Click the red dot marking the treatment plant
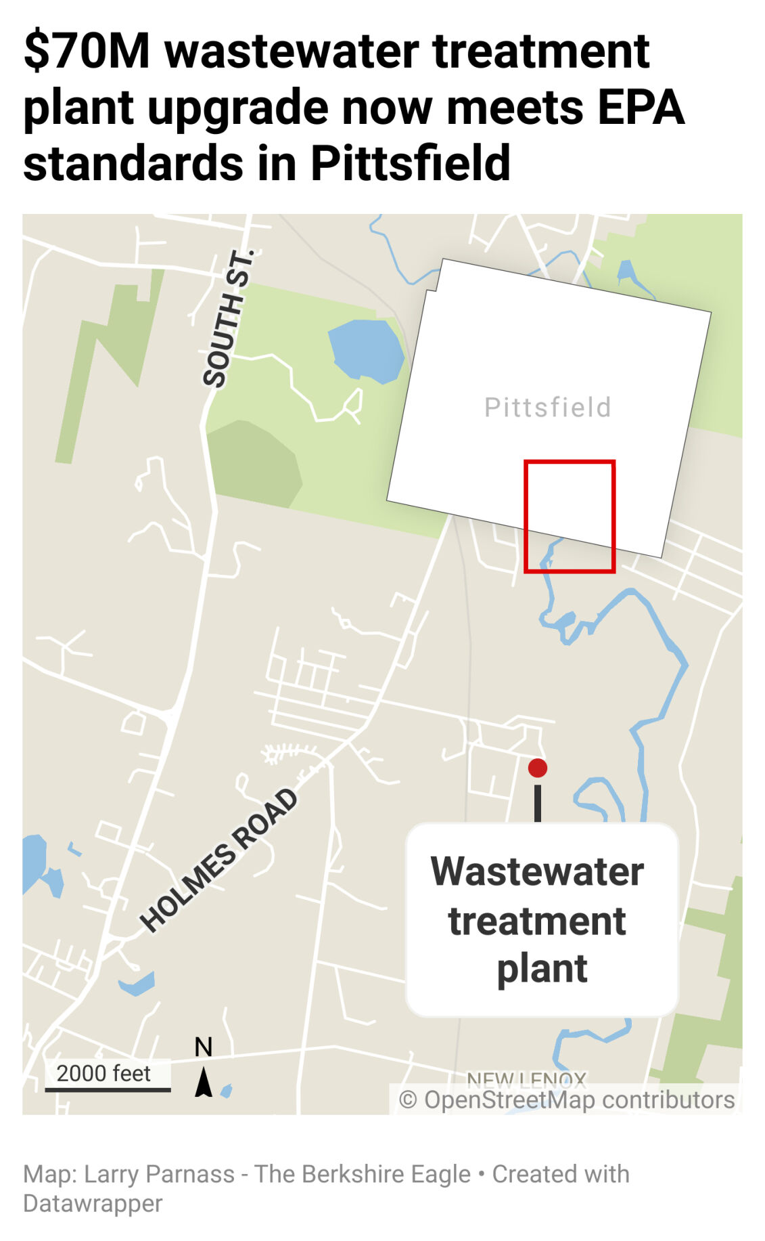point(538,768)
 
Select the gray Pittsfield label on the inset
point(548,408)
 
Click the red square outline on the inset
point(570,462)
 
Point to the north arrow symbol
point(204,1082)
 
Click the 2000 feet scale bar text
point(103,1073)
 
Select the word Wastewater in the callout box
point(538,871)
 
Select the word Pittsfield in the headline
point(410,164)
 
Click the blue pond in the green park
point(365,349)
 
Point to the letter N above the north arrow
point(204,1047)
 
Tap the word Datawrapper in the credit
point(93,1204)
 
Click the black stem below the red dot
point(538,802)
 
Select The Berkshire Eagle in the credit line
point(363,1174)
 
